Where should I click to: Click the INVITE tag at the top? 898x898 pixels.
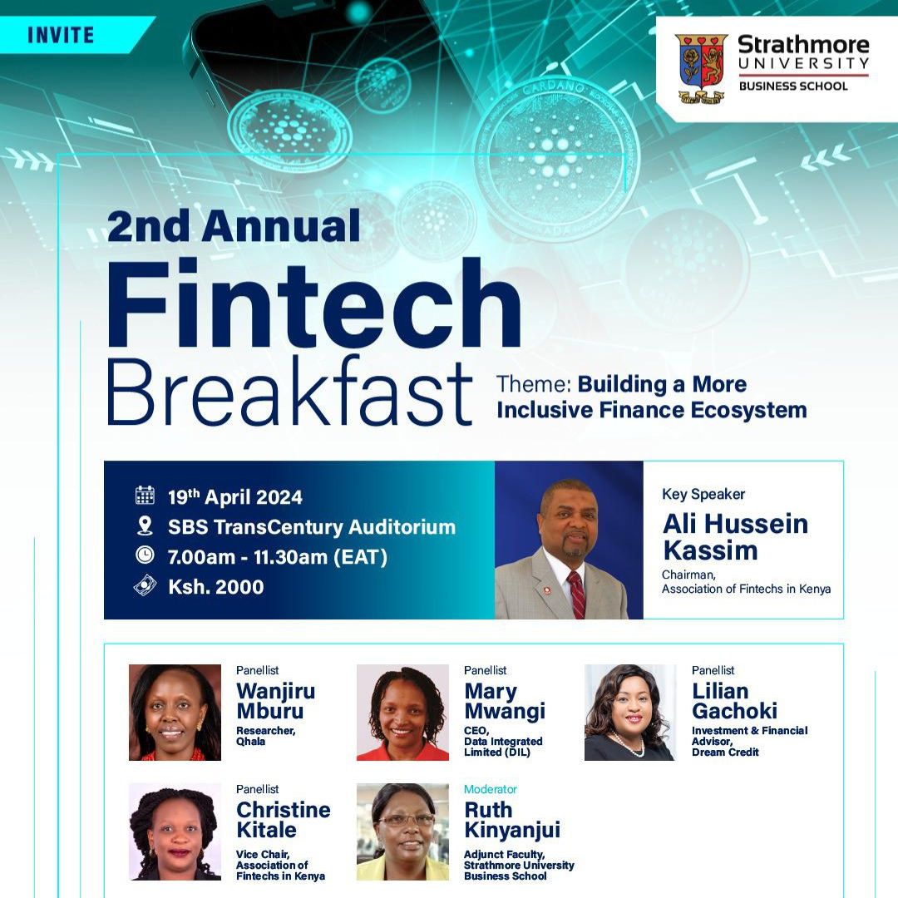pos(61,35)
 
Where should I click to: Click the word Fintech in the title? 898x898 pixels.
pos(313,303)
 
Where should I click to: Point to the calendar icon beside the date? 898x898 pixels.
pos(145,495)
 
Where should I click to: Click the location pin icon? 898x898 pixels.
pos(145,525)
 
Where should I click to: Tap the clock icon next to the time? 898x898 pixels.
pos(145,555)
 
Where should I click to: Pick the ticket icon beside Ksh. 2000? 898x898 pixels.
pos(145,585)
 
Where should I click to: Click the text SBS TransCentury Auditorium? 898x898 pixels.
pos(312,527)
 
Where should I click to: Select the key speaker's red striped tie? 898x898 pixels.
pos(577,595)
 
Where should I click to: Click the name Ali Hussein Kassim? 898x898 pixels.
pos(735,537)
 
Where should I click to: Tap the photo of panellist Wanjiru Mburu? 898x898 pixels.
pos(175,713)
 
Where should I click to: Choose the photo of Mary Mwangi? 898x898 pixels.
pos(402,713)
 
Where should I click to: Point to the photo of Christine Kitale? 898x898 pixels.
pos(175,831)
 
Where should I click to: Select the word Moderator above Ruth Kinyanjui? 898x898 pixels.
pos(491,789)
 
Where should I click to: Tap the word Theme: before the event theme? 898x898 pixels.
pos(534,384)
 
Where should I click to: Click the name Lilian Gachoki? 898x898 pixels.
pos(735,701)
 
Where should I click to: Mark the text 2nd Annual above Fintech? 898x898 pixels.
pos(234,225)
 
